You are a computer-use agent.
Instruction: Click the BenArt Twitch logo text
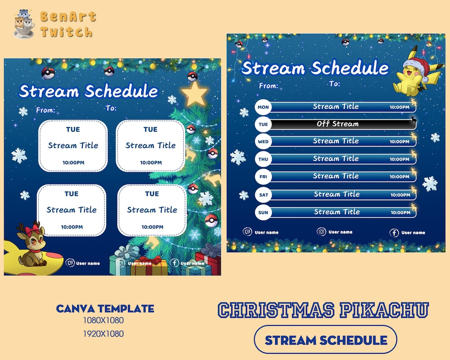(67, 24)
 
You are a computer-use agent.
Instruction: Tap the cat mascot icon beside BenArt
(24, 24)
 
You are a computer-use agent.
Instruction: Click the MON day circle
(263, 107)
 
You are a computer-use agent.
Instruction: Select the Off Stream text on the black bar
(337, 124)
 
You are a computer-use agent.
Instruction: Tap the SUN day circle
(263, 212)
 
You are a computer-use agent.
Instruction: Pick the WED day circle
(263, 142)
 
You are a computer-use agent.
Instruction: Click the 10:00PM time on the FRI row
(400, 177)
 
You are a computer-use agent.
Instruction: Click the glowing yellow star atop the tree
(194, 95)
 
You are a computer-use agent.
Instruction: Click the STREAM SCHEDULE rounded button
(325, 340)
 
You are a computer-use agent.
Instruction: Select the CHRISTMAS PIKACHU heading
(323, 310)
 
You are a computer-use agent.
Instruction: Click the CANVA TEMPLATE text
(105, 309)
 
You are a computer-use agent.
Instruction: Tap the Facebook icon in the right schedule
(394, 233)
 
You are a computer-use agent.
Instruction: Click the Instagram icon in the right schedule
(321, 232)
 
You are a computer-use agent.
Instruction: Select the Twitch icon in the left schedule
(70, 263)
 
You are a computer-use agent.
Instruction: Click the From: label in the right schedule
(268, 86)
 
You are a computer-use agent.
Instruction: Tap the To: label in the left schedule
(111, 108)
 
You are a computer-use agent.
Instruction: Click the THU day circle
(263, 159)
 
